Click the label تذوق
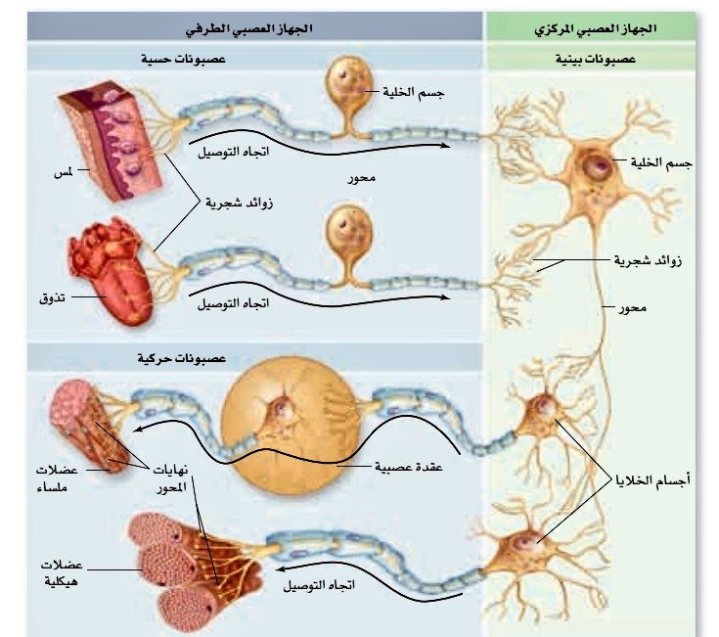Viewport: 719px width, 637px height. point(49,294)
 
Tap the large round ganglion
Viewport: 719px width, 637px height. point(287,408)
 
